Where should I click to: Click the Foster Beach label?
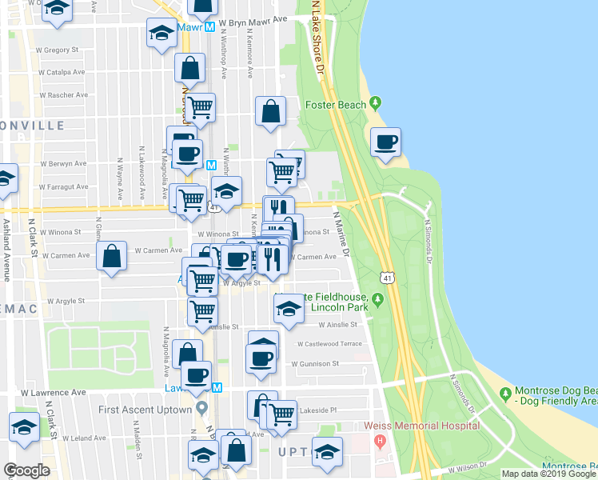[x=335, y=105]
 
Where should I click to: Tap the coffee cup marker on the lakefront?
[x=386, y=142]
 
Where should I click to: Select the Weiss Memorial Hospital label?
[x=421, y=426]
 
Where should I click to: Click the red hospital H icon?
[x=380, y=440]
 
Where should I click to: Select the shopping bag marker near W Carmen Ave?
[x=112, y=257]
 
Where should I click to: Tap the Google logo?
[x=26, y=470]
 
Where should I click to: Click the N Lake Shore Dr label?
[x=317, y=40]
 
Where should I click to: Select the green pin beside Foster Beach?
[x=376, y=105]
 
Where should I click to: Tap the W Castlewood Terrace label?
[x=329, y=343]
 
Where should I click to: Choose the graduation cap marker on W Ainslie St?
[x=289, y=308]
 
